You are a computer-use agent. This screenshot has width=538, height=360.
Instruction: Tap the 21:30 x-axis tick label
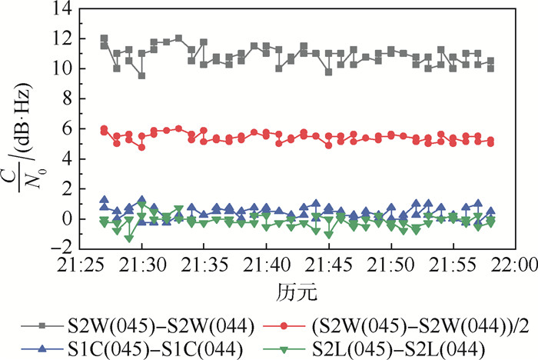[x=141, y=265]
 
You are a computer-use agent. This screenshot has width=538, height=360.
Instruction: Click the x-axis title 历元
[x=294, y=293]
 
